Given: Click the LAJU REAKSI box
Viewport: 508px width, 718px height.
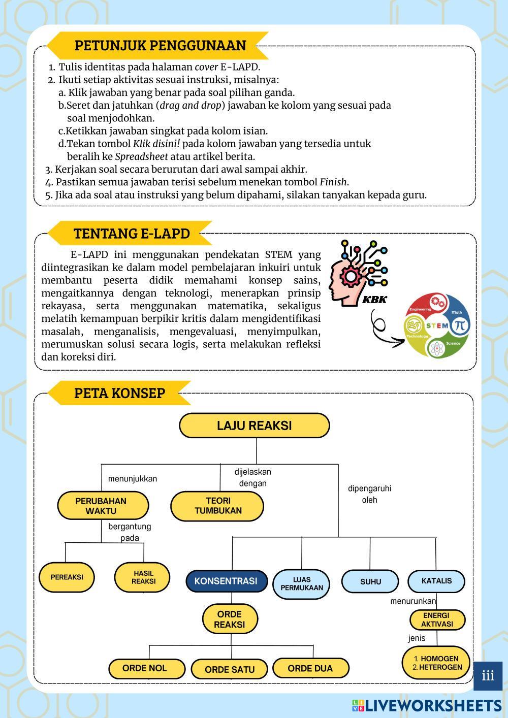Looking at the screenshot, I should point(254,426).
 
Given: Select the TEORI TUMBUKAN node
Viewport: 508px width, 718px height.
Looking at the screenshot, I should point(217,506).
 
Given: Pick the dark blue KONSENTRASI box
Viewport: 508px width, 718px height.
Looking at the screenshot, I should point(226,581).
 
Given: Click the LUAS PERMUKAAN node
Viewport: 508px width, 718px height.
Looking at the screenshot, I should point(301,583).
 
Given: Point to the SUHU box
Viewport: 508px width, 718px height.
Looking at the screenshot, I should point(370,581).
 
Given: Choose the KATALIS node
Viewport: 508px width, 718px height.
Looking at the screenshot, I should point(436,580).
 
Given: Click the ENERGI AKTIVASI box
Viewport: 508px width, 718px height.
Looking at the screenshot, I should point(437,619).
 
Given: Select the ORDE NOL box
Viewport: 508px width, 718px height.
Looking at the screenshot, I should point(145,668).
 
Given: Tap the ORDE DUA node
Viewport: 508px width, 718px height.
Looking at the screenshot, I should point(310,668).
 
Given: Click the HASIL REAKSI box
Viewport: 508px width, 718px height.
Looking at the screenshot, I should point(144,577).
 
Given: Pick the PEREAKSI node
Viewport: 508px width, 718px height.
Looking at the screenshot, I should point(67,577).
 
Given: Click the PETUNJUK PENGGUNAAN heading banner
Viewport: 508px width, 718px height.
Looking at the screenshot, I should point(160,45).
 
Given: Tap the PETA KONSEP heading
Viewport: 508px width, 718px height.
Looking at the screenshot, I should point(119,393).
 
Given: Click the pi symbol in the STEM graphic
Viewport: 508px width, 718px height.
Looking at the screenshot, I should point(459,325).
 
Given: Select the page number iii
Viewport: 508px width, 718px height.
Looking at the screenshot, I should point(488,676).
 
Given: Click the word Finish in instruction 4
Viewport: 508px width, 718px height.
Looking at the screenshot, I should point(333,182).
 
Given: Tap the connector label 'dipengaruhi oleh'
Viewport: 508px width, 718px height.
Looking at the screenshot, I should point(369,494).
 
